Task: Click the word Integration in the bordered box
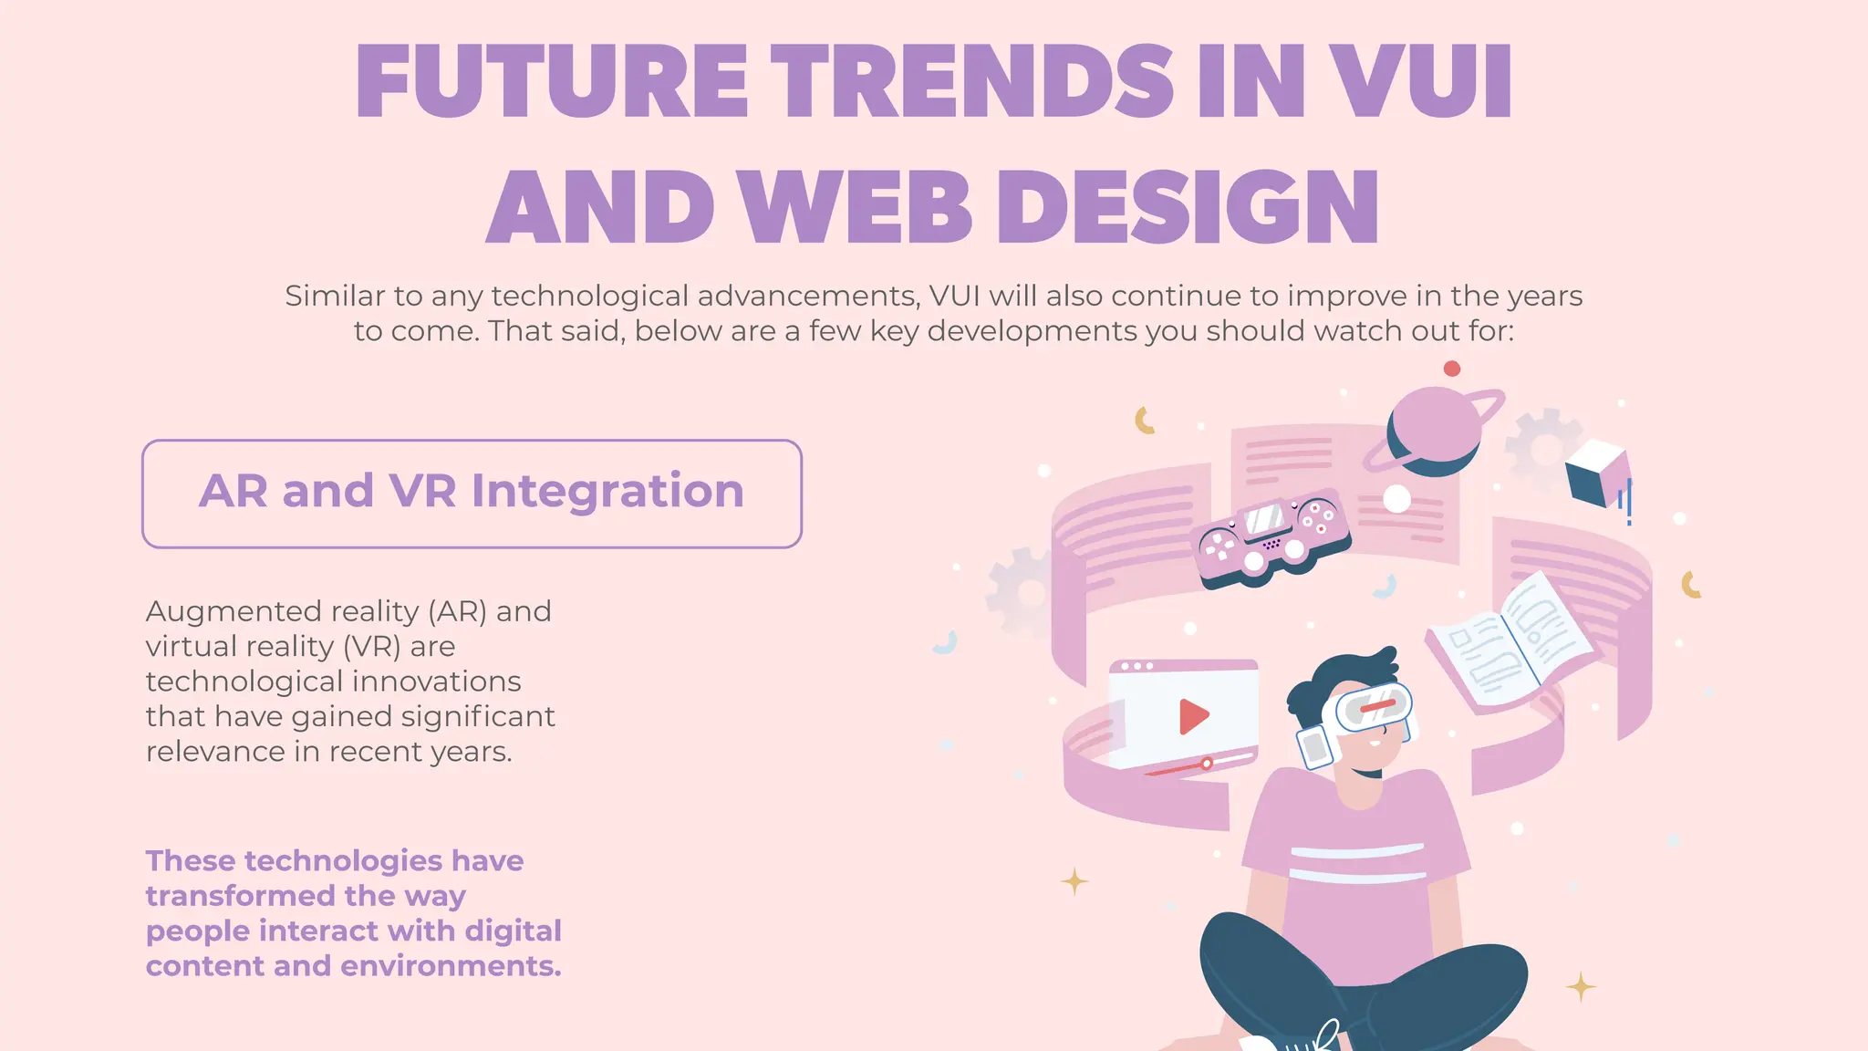(x=607, y=491)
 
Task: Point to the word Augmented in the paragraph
(x=233, y=611)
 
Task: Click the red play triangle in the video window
(x=1192, y=716)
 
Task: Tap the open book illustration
(x=1510, y=643)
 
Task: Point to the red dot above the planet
(x=1452, y=369)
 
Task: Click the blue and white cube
(x=1596, y=472)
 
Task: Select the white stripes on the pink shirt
(x=1357, y=863)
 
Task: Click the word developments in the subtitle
(x=1032, y=331)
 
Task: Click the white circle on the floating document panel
(x=1396, y=499)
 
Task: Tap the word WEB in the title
(x=856, y=208)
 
